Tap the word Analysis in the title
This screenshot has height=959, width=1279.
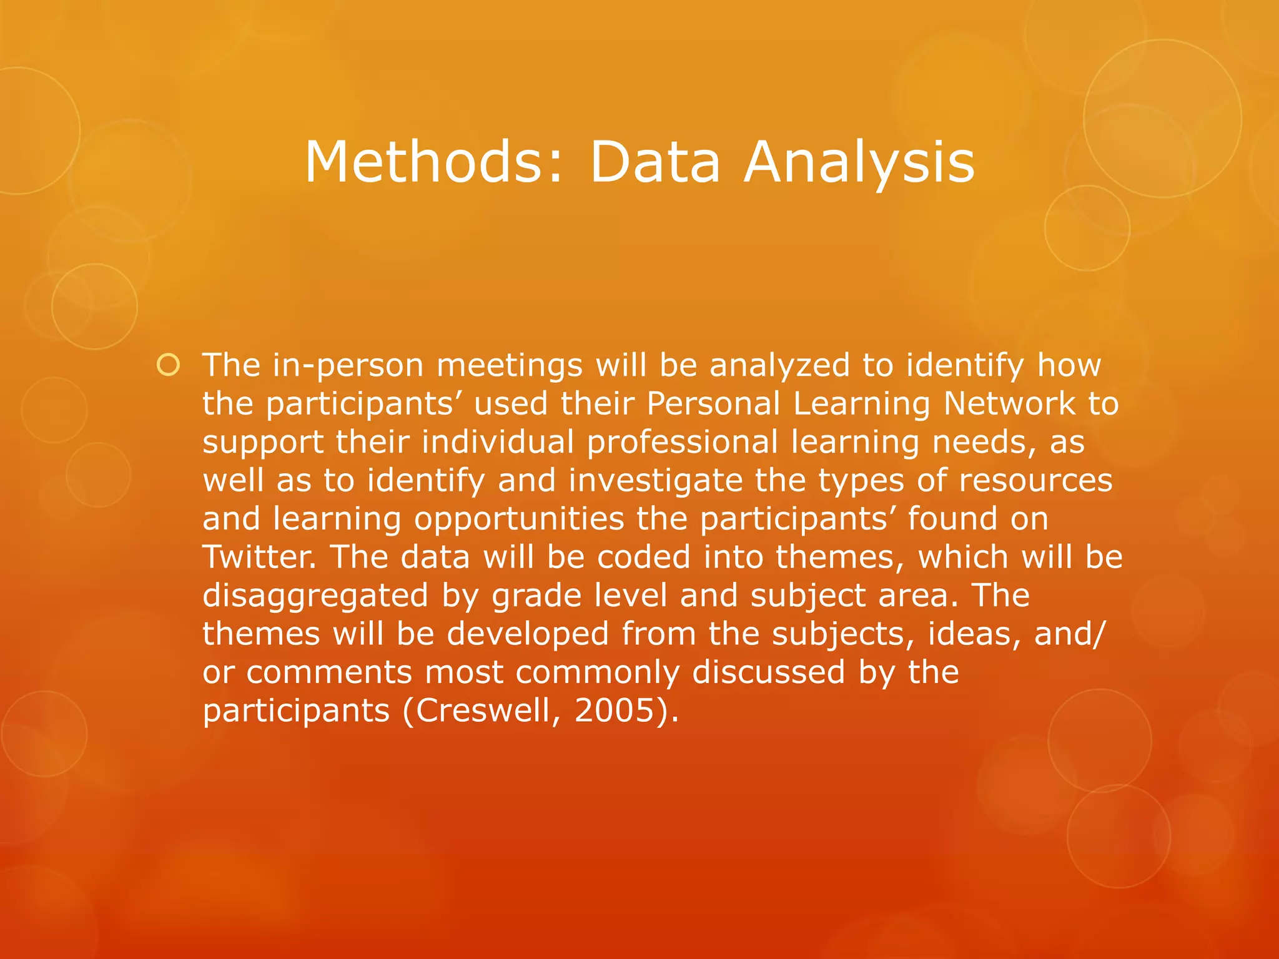[859, 162]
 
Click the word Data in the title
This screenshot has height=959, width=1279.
[654, 162]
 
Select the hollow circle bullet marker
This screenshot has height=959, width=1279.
[168, 365]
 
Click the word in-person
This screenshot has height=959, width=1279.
[348, 366]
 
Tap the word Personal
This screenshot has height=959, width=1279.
[713, 403]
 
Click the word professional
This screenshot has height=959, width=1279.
[682, 443]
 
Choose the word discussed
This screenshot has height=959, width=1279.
[769, 672]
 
